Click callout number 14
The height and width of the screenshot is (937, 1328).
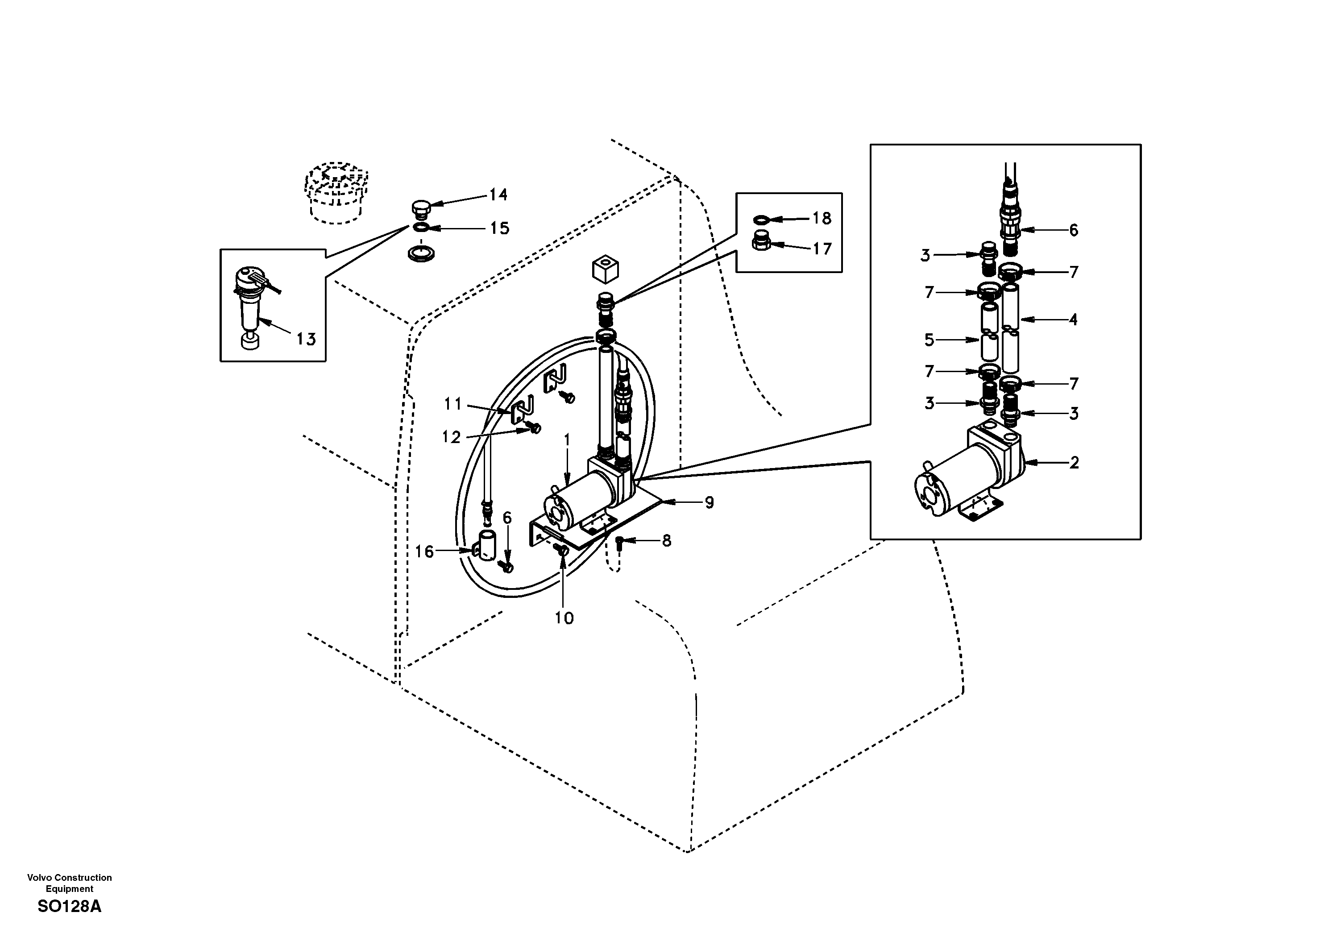498,195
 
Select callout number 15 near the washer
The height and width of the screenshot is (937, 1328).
499,228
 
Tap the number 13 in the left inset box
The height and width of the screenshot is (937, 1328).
306,339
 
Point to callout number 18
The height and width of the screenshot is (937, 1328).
822,218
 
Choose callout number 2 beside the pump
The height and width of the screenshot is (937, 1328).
1074,463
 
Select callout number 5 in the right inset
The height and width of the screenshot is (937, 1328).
929,340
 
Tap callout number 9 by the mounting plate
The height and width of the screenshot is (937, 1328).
709,502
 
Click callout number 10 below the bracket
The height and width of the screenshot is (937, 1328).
564,618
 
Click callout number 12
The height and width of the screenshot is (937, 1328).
451,437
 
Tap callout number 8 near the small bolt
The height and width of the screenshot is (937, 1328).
666,541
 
